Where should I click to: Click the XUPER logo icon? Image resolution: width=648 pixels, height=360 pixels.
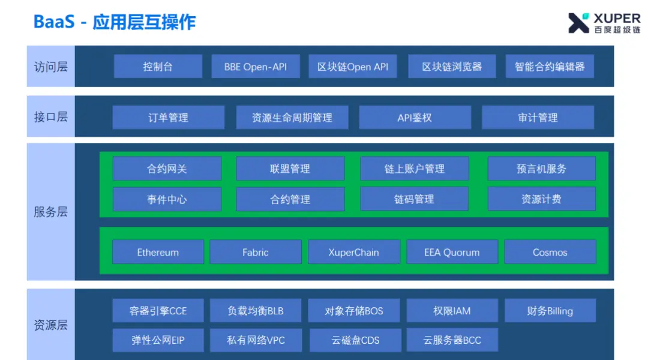point(578,23)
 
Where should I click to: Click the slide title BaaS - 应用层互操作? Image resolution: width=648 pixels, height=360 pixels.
point(115,22)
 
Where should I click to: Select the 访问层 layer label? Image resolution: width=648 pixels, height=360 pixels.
point(50,67)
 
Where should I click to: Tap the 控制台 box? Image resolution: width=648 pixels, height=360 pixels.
point(158,67)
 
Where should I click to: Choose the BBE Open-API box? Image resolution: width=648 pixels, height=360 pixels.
point(256,67)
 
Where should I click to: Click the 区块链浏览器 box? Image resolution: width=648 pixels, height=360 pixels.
point(452,67)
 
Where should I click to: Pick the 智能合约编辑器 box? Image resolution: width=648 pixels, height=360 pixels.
point(550,67)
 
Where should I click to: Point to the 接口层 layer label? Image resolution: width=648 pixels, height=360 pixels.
point(50,117)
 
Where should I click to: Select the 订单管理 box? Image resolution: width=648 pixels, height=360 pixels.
point(168,118)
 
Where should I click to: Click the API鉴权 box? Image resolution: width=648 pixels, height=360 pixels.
point(415,118)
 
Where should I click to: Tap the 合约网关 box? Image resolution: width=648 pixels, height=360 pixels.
point(167,169)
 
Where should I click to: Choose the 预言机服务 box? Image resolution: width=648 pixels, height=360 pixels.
point(541,169)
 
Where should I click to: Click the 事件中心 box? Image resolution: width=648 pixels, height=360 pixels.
point(167,199)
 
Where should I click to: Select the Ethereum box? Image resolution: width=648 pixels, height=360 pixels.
point(158,252)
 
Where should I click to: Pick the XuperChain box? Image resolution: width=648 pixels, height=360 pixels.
point(353,252)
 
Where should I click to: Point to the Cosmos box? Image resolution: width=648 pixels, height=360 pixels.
point(550,252)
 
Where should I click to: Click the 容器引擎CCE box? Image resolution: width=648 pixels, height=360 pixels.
point(158,311)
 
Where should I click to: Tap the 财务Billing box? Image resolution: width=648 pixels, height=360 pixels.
point(550,311)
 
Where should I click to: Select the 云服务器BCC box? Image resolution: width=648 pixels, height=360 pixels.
point(452,340)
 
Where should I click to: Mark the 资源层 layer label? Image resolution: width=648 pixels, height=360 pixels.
point(50,325)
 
